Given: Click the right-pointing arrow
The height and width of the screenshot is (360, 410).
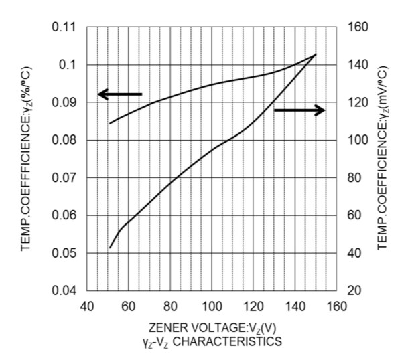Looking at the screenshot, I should pos(300,110).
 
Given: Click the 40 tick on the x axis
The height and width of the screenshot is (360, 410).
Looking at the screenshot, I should pos(86,307).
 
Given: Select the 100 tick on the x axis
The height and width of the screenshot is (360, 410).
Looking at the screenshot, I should pos(212,307).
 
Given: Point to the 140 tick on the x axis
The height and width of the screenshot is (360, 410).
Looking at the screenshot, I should pos(296,307).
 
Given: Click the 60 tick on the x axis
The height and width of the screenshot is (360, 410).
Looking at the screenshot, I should pos(129,307).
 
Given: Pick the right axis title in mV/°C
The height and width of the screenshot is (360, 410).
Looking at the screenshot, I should pos(384,159).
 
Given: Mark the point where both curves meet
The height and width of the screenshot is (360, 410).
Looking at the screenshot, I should pos(315,54).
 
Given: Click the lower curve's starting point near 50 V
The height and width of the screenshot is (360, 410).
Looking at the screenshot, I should pos(110,248).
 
